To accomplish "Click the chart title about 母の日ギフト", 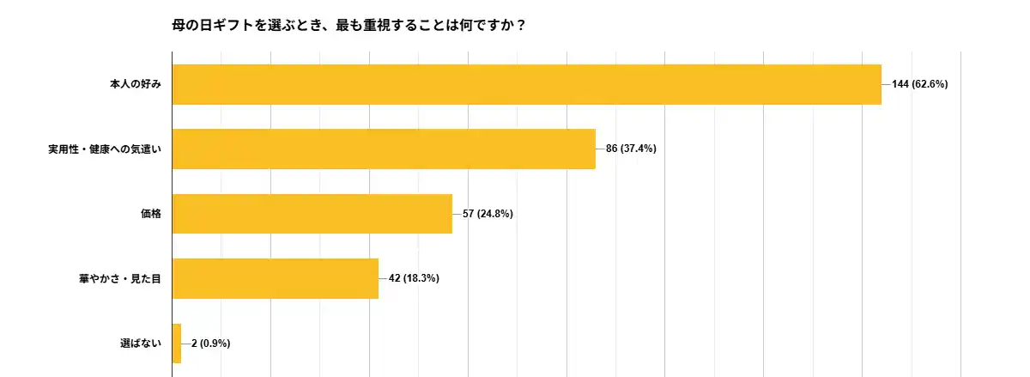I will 349,26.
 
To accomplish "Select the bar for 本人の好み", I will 526,84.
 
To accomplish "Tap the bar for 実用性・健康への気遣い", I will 384,149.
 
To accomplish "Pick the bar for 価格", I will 312,214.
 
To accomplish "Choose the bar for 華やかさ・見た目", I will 275,278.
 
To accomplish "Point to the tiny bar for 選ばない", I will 177,344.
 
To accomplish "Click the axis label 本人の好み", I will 136,84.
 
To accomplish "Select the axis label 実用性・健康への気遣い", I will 105,149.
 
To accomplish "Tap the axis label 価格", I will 151,214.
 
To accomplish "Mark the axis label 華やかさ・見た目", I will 120,278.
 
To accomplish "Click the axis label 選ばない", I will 141,344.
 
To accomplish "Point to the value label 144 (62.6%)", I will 919,84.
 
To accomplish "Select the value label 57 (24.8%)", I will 488,214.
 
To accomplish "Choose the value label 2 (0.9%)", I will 210,344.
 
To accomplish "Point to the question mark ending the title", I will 521,26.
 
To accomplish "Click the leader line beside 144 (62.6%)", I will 887,84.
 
